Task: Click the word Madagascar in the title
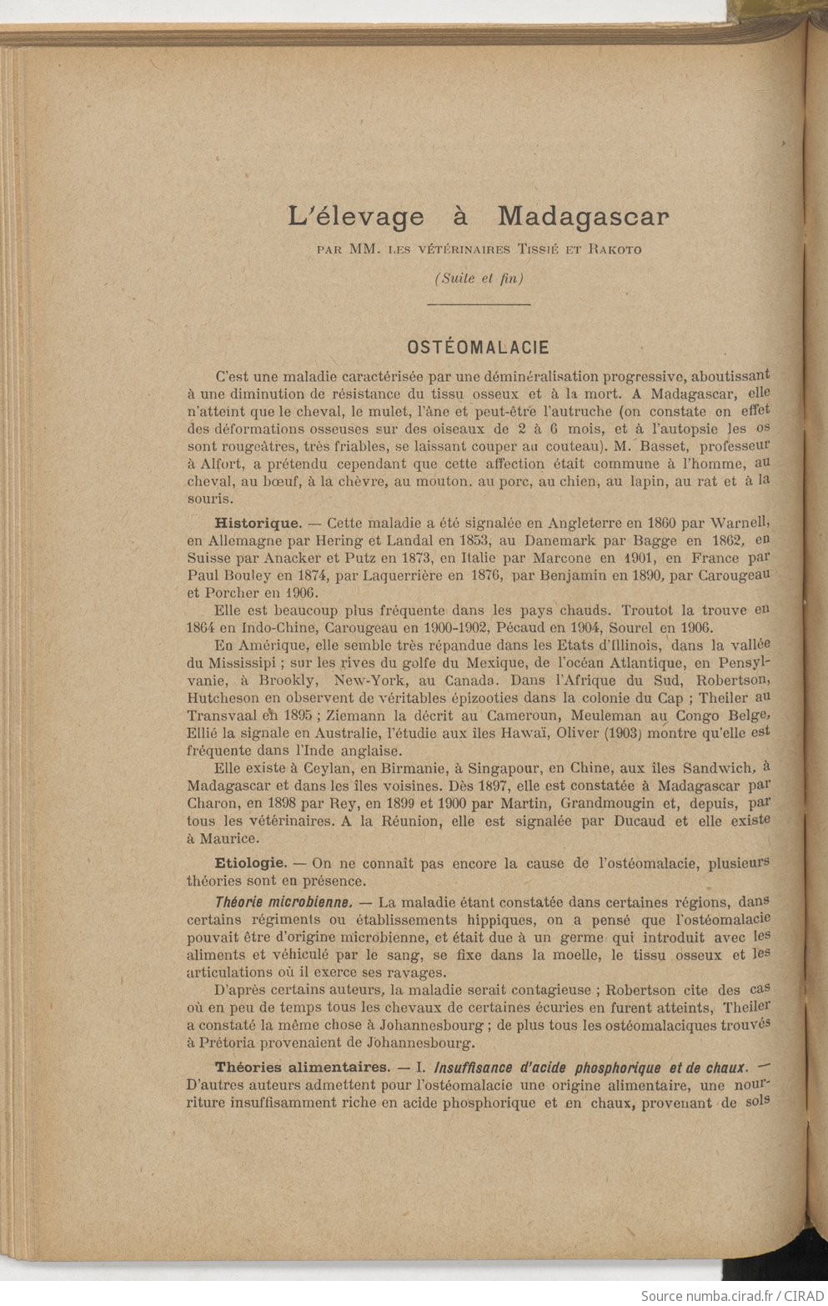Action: click(584, 217)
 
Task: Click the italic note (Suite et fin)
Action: click(479, 279)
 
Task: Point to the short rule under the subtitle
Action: click(479, 305)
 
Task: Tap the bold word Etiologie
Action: click(251, 863)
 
